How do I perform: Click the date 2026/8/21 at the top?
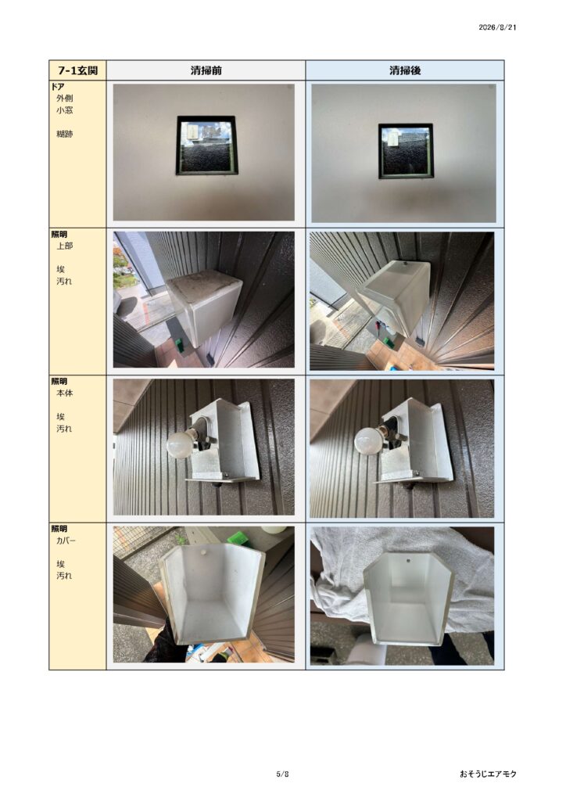[497, 27]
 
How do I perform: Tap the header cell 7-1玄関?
[77, 70]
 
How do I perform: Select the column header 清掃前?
[206, 70]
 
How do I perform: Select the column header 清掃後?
[405, 70]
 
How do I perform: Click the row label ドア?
[57, 87]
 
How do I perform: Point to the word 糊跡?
[64, 134]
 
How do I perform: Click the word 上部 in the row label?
[64, 246]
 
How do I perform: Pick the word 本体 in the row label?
[64, 393]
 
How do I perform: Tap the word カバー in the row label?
[66, 541]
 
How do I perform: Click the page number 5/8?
[283, 774]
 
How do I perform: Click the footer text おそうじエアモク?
[488, 774]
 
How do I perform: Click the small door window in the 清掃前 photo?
[207, 146]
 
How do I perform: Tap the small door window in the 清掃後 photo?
[406, 151]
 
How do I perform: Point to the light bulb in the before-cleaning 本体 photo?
[180, 444]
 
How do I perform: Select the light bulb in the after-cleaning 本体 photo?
[367, 441]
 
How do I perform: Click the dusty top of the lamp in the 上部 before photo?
[203, 286]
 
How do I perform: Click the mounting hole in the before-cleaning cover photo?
[203, 552]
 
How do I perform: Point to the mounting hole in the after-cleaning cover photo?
[409, 561]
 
